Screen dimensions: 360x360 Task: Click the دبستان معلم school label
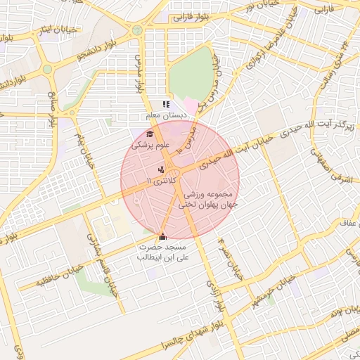click(165, 115)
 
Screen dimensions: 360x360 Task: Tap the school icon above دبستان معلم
click(166, 105)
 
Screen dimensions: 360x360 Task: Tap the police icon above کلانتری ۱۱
click(162, 169)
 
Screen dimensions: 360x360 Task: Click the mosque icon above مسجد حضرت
click(163, 237)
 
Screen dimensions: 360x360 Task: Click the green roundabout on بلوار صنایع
click(47, 69)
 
